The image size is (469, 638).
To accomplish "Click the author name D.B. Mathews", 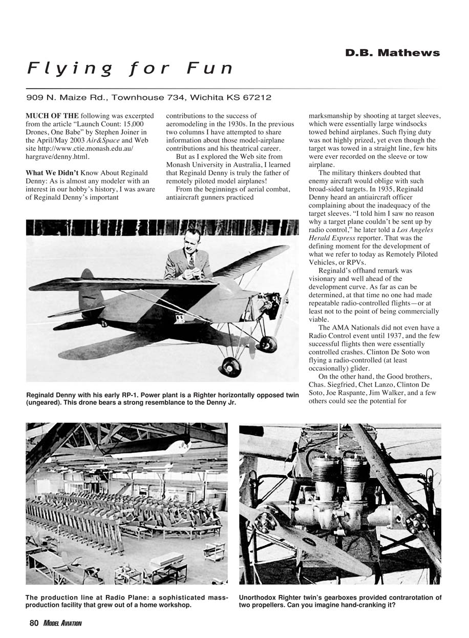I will click(x=392, y=53).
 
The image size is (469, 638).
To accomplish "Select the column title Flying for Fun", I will click(x=130, y=69).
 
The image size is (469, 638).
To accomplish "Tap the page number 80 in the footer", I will click(x=34, y=623).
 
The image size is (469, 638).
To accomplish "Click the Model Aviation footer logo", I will click(x=62, y=623).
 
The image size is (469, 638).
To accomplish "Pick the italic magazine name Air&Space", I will click(x=102, y=140).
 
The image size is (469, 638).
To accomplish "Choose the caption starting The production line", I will click(x=126, y=601).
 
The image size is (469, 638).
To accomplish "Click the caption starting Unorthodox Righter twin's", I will click(x=340, y=601).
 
